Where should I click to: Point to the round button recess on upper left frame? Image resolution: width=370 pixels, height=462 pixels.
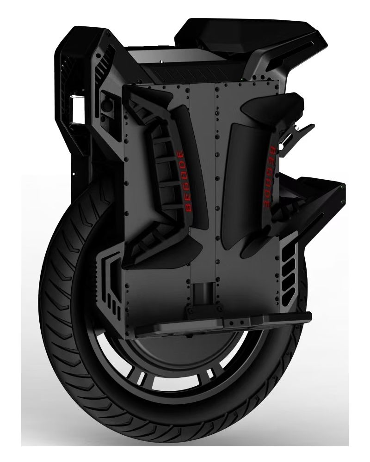(x=107, y=104)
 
